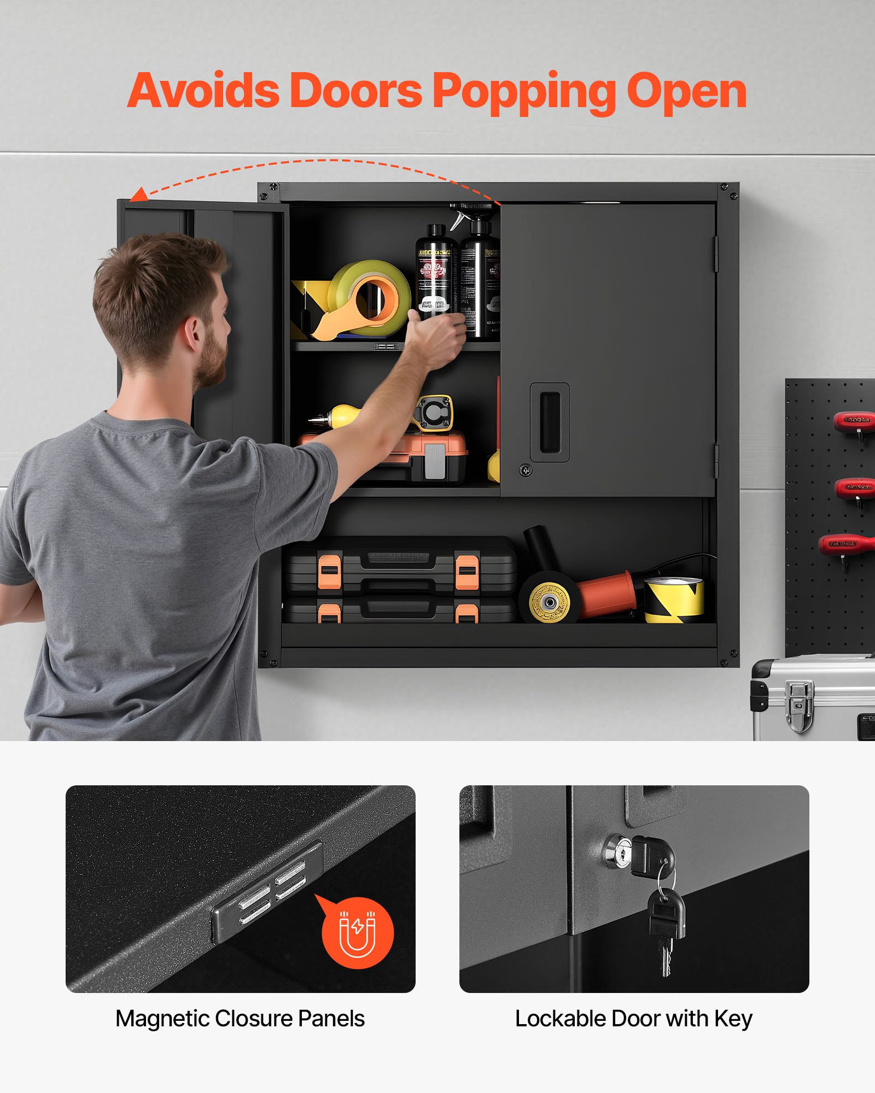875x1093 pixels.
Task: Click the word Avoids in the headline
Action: pyautogui.click(x=203, y=91)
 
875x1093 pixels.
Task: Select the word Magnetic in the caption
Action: pyautogui.click(x=162, y=1019)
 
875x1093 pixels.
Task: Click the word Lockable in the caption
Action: pyautogui.click(x=560, y=1019)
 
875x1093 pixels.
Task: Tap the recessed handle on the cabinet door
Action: pyautogui.click(x=550, y=422)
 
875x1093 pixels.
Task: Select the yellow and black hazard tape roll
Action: pyautogui.click(x=674, y=600)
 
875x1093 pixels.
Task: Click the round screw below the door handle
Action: pyautogui.click(x=526, y=469)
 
